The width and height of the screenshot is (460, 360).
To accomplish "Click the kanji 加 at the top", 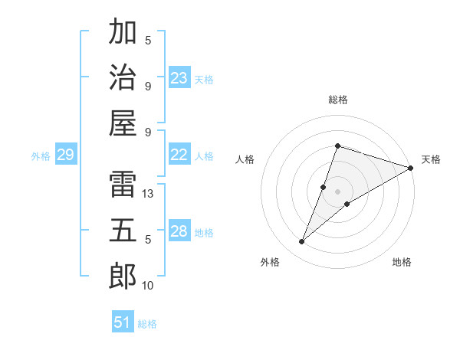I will (x=123, y=33).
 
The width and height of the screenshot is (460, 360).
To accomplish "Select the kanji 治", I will (x=123, y=79).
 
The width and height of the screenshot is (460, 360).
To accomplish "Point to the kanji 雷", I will (x=123, y=183).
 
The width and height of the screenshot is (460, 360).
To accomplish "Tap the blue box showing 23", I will (x=179, y=78).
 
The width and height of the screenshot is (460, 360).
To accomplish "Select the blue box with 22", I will (x=179, y=155).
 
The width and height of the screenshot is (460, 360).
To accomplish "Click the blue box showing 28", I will (x=179, y=232).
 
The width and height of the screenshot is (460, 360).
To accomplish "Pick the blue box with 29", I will (x=65, y=155).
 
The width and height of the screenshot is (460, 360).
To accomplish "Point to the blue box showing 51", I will (x=123, y=322).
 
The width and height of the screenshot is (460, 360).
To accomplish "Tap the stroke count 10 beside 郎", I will (x=148, y=286).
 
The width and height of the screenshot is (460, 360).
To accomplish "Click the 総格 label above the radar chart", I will (x=338, y=100).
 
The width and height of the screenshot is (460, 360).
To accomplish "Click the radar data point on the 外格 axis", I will (x=302, y=242).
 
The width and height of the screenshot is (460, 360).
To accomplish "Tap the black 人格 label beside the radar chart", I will (x=245, y=159).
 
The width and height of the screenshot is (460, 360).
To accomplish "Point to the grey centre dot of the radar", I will (x=338, y=191).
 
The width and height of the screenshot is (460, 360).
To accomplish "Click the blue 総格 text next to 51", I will (x=147, y=324).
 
